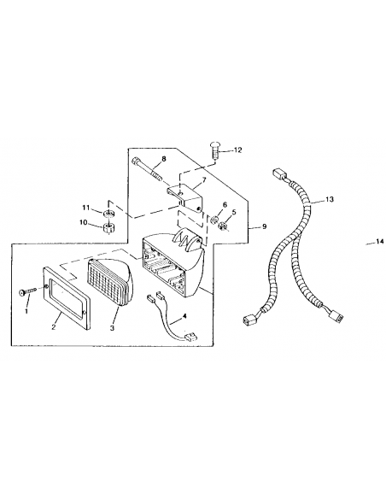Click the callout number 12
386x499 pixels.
tap(237, 150)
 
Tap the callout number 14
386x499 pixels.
tap(380, 242)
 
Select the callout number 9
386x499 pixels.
tap(264, 226)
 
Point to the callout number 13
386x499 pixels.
tap(330, 200)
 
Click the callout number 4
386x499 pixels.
tap(184, 316)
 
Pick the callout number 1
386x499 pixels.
tap(26, 311)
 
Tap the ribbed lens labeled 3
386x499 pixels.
tap(108, 283)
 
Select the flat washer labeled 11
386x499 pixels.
tap(108, 212)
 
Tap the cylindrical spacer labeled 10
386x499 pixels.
tap(109, 228)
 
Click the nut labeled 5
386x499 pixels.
tap(223, 226)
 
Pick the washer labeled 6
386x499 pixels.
tap(214, 220)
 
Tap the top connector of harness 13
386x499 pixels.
tap(279, 174)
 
